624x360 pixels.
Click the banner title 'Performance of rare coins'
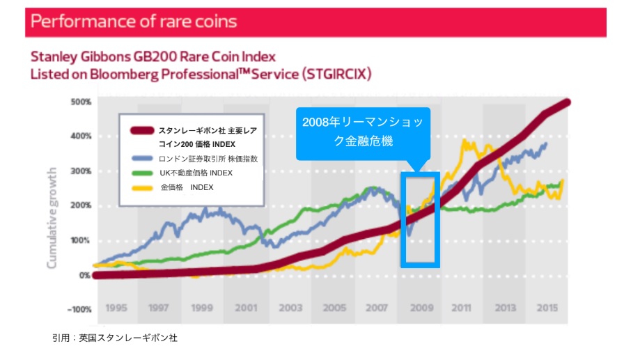click(134, 21)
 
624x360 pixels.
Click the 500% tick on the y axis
click(81, 102)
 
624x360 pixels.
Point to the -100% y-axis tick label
click(79, 308)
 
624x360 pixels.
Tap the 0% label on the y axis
click(84, 274)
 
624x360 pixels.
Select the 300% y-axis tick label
click(81, 171)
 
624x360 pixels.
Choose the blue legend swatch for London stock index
click(142, 159)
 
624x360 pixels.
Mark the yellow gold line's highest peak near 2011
click(464, 141)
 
